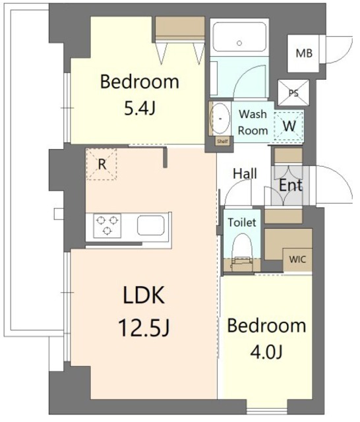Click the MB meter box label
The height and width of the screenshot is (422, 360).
pos(304,53)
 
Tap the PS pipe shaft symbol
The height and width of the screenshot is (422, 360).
pos(293,93)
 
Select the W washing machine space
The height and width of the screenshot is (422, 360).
pos(289,126)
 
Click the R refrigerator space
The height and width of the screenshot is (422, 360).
pos(102,164)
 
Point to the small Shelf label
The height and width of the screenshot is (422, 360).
pos(222,141)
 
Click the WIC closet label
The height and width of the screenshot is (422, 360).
pos(297,259)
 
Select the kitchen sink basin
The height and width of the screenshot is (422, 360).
pos(151,226)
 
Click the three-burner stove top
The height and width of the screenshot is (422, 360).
pos(107,226)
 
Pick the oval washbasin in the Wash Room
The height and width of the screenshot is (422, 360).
pos(220,119)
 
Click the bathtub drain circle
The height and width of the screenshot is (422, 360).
pos(239,43)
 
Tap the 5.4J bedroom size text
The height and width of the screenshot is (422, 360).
pos(140,109)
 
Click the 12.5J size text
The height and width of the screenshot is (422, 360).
pos(144,328)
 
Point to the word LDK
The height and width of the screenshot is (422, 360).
pos(144,295)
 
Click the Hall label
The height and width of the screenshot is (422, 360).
pos(245,173)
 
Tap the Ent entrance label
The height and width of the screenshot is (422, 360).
pos(291,185)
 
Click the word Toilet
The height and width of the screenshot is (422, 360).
pos(242,223)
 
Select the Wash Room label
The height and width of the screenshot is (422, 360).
pos(253,123)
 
